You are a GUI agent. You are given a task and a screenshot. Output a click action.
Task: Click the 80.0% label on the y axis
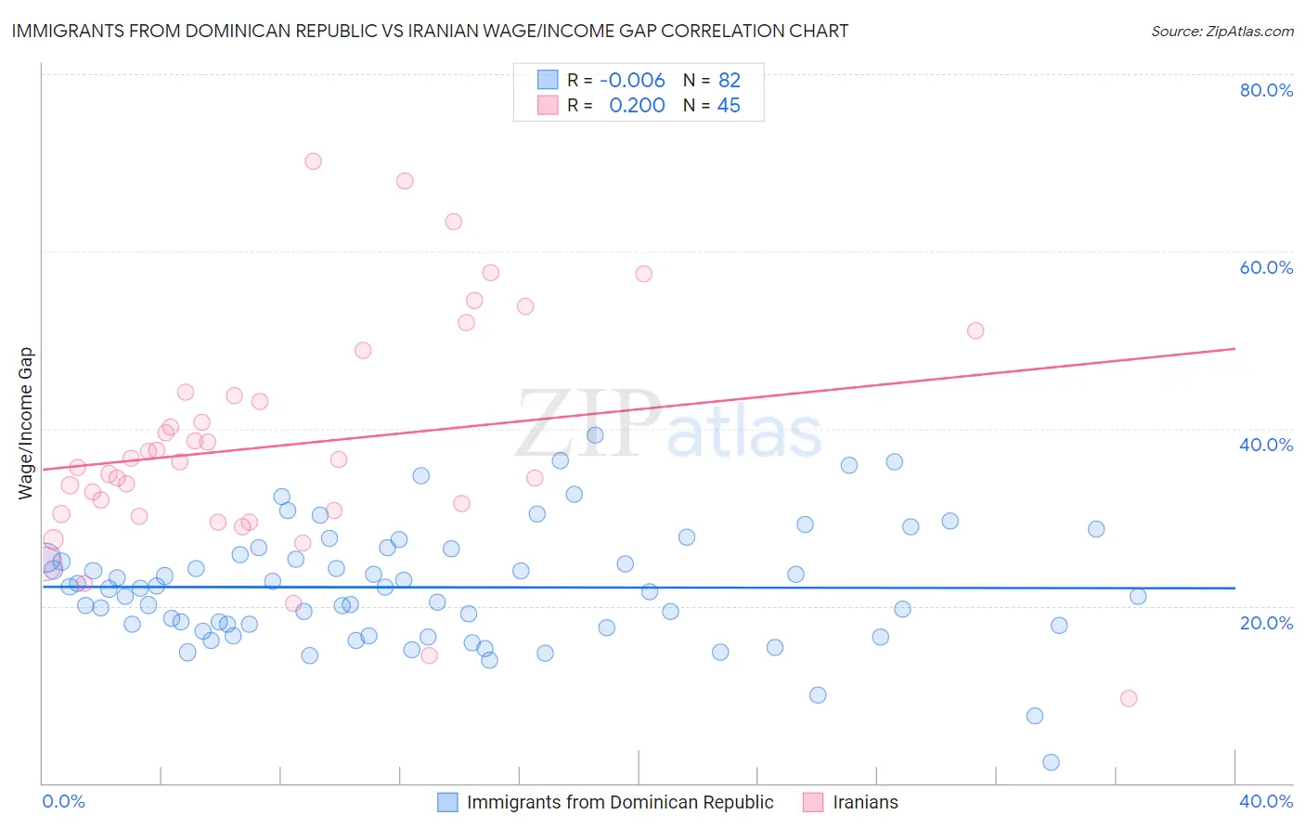pos(1266,90)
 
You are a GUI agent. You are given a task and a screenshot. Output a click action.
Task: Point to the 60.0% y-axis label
pos(1266,267)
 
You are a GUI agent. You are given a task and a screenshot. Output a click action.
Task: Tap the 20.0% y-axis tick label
pos(1266,622)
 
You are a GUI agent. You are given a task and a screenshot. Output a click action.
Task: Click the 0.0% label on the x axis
pos(63,801)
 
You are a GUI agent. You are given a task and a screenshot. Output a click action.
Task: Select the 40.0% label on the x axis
pos(1266,801)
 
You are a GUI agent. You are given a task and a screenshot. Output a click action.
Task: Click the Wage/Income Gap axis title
pos(26,423)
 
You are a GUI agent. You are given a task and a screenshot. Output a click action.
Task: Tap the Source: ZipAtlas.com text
pos(1221,31)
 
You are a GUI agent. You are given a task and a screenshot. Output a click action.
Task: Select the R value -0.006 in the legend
pos(632,81)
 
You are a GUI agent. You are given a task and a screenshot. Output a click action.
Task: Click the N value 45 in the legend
pos(729,106)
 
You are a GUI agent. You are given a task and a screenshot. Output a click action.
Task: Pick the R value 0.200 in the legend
pos(637,106)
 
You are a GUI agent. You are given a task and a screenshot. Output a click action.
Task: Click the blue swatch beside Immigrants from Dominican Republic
pos(447,802)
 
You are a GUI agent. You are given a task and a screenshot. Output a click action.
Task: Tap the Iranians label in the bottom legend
pos(865,802)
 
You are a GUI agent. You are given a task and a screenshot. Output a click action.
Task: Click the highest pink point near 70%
pos(313,162)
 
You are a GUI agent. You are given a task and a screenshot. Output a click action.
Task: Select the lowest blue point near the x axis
pos(1051,762)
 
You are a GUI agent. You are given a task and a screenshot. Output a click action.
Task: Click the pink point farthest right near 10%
pos(1129,698)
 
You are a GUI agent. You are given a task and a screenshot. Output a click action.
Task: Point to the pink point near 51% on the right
pos(976,330)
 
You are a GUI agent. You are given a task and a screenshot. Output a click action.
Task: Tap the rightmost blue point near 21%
pos(1138,596)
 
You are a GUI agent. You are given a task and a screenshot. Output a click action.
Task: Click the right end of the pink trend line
pos(1234,348)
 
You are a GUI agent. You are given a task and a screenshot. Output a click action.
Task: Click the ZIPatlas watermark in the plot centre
pos(668,425)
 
